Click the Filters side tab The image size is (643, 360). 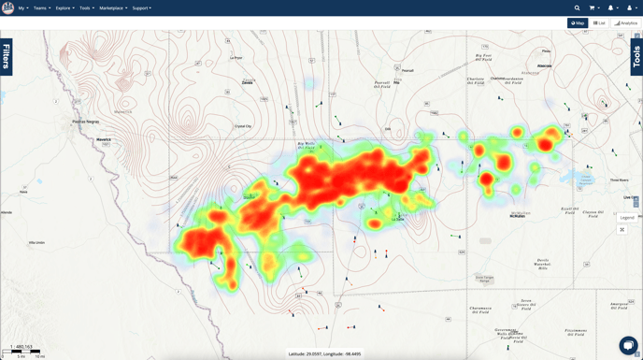[x=7, y=57]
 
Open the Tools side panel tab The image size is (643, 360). [x=636, y=57]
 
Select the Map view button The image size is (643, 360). [x=577, y=23]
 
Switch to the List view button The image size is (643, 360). [x=599, y=23]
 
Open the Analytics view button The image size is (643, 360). [x=626, y=23]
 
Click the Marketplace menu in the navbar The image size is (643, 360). [x=113, y=8]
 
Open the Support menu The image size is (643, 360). [x=141, y=8]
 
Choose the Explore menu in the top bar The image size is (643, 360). [x=64, y=8]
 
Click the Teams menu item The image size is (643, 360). [x=41, y=8]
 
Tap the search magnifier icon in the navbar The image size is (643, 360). [x=577, y=8]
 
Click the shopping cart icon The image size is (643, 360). [x=593, y=8]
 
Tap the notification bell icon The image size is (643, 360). [x=611, y=8]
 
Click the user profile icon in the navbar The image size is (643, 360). [x=630, y=8]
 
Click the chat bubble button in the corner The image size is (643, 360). [x=628, y=345]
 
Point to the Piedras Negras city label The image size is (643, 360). [x=86, y=122]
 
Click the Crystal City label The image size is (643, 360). [x=243, y=126]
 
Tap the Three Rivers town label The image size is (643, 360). [x=619, y=180]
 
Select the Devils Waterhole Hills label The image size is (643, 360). [x=543, y=265]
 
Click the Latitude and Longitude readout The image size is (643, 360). [x=325, y=354]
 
